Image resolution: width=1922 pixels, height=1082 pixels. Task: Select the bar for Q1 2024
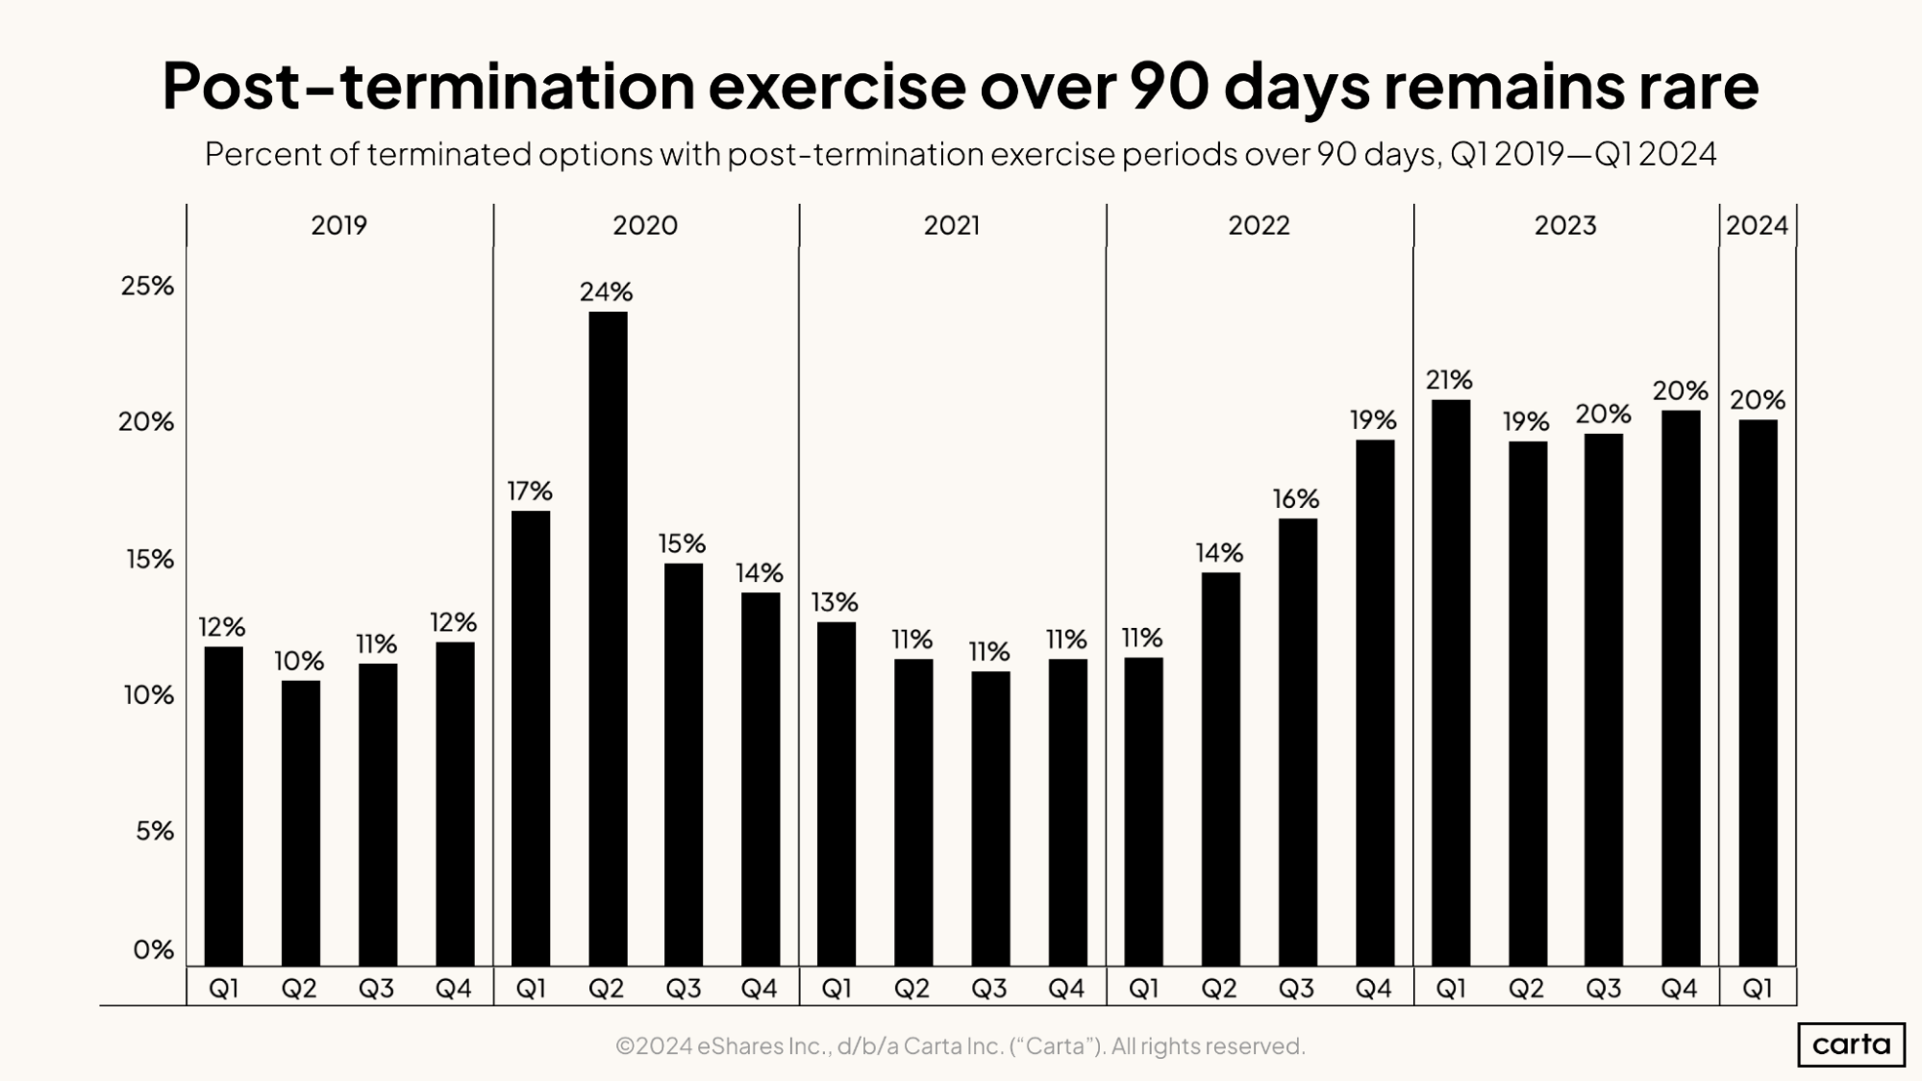(x=1758, y=692)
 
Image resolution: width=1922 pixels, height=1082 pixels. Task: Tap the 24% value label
(x=606, y=291)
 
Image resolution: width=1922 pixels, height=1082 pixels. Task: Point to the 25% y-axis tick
(x=147, y=286)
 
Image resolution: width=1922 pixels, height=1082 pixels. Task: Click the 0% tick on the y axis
(x=153, y=950)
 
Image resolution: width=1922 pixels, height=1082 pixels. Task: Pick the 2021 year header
(x=951, y=225)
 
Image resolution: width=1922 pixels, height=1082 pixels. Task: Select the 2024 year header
(x=1757, y=225)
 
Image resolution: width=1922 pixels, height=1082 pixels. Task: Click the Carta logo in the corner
(x=1851, y=1044)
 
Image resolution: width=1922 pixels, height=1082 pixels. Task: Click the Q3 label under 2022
(x=1296, y=989)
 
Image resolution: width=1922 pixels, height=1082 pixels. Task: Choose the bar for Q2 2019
(x=301, y=822)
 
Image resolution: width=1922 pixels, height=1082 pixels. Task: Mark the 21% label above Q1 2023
(x=1449, y=380)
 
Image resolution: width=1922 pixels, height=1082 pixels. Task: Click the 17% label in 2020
(x=530, y=491)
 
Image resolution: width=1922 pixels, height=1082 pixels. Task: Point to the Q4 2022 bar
(x=1374, y=702)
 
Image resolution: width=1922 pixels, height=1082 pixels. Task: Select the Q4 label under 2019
(x=453, y=989)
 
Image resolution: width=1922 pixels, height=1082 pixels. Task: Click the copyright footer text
(x=960, y=1045)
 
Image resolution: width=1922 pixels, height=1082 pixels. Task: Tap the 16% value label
(x=1295, y=499)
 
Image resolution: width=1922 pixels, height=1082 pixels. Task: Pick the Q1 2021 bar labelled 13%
(x=836, y=793)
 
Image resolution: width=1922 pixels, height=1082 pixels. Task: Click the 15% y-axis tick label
(x=149, y=560)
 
